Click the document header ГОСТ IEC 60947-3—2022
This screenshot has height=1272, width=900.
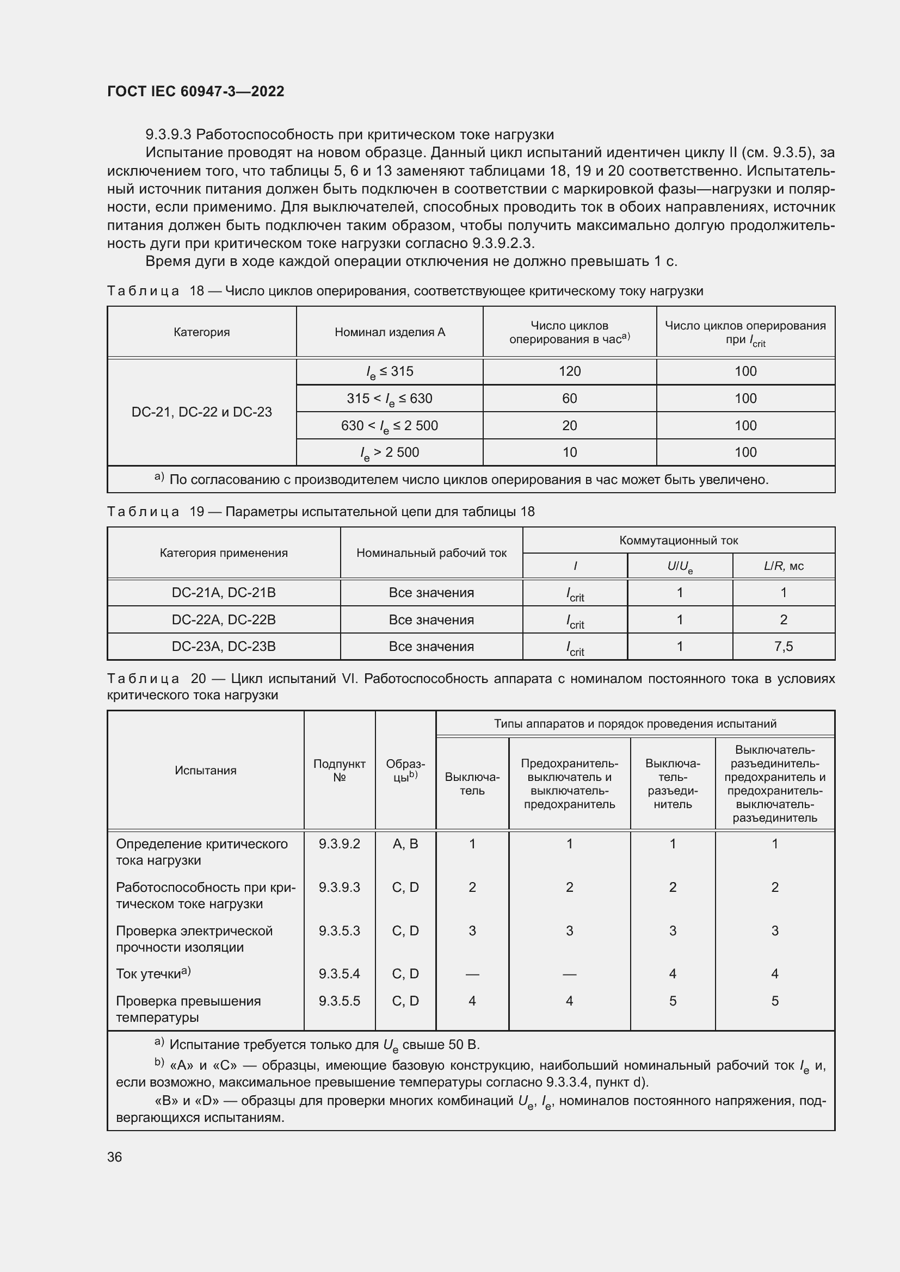[195, 91]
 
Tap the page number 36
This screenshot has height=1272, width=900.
[115, 1157]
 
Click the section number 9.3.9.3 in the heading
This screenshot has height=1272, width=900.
[169, 135]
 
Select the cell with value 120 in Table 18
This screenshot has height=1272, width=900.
[569, 371]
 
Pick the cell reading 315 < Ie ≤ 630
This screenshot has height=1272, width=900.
[389, 398]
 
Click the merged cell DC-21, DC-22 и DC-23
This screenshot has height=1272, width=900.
[202, 412]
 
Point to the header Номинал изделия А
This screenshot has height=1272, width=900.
[390, 332]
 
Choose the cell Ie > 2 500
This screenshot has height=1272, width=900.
[389, 452]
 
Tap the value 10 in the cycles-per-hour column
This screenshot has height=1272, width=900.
[569, 452]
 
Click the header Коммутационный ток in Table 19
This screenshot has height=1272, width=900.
[679, 540]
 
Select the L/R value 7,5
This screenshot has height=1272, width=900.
[783, 647]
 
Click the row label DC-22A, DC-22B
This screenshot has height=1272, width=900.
[223, 619]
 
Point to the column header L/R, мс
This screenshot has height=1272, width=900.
[783, 566]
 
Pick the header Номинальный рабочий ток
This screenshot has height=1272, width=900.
[431, 553]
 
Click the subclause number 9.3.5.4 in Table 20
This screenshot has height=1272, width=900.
[339, 973]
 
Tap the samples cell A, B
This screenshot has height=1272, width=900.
[405, 844]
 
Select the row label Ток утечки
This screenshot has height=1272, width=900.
[150, 974]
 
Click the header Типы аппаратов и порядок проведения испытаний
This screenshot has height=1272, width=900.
[635, 723]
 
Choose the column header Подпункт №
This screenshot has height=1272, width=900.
[339, 770]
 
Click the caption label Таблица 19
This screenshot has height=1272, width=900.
[143, 511]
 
